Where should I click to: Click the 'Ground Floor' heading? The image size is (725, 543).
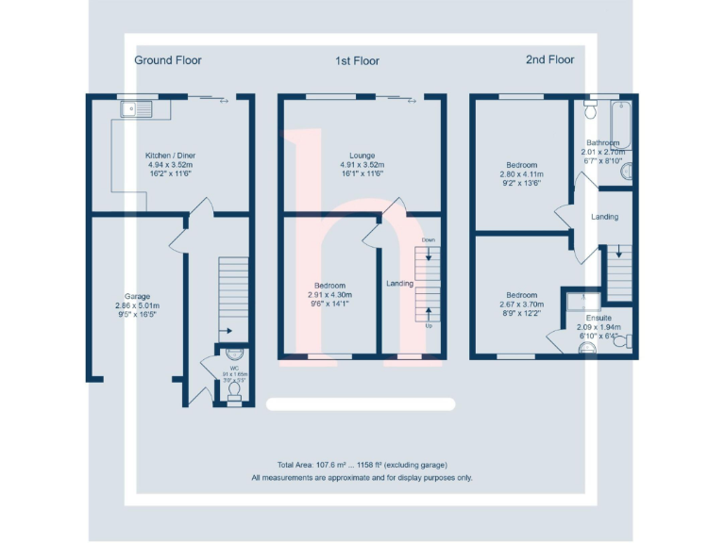tap(167, 60)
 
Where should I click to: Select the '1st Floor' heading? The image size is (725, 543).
tap(357, 61)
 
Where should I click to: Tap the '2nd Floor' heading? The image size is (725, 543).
tap(549, 59)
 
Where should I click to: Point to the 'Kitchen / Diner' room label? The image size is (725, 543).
tap(170, 156)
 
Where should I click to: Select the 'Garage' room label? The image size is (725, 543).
tap(137, 296)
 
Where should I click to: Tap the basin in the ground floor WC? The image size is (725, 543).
tap(233, 354)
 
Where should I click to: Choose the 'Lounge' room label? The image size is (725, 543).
tap(361, 156)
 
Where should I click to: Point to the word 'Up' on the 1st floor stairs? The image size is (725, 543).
tap(429, 325)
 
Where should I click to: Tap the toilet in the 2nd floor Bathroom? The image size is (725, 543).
tap(590, 110)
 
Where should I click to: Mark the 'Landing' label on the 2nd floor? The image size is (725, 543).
tap(604, 217)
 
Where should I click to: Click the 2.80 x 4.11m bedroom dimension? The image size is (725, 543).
tap(521, 174)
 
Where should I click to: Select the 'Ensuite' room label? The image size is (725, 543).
tap(599, 318)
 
